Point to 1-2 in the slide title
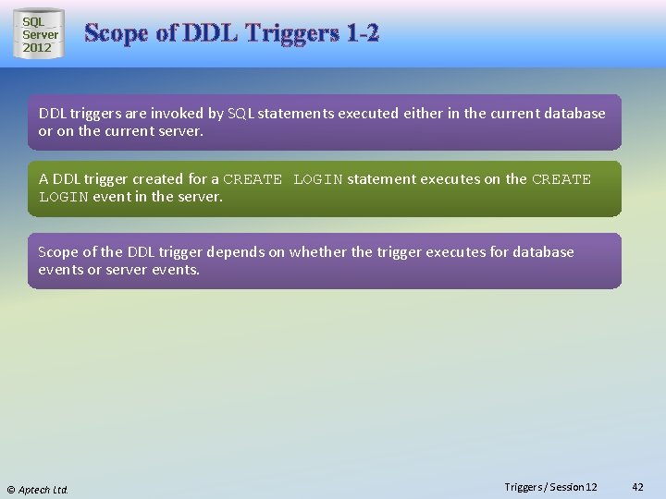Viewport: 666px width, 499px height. coord(363,34)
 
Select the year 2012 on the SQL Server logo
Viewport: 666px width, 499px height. coord(38,47)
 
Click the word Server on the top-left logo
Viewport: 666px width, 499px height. coord(41,34)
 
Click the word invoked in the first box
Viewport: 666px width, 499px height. coord(175,114)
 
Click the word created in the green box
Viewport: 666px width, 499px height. coord(165,179)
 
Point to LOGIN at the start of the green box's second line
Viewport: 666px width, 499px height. coord(63,197)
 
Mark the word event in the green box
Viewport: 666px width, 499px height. coord(112,197)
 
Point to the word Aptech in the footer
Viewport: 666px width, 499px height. coord(34,489)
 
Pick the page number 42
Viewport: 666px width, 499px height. coord(637,487)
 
